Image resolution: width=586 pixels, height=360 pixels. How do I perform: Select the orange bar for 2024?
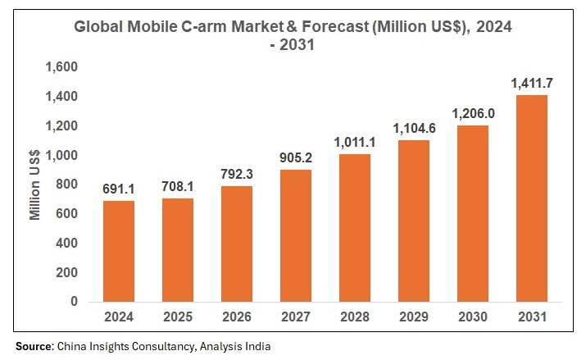point(119,251)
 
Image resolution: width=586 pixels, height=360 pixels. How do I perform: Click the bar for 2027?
point(295,235)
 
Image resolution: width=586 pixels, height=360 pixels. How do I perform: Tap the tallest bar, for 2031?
point(530,198)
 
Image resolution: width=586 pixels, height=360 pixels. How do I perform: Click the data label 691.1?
point(119,189)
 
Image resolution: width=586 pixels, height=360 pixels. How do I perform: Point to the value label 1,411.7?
point(530,83)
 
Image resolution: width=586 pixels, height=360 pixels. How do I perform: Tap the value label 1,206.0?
point(471,113)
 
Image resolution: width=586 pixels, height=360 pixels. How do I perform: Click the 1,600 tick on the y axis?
point(61,67)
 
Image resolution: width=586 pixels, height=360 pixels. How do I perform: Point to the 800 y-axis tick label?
point(67,185)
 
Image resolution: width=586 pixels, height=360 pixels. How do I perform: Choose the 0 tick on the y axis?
point(74,302)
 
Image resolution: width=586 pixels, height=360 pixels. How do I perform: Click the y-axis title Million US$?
point(35,184)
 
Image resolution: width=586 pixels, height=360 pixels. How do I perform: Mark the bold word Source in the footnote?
point(34,346)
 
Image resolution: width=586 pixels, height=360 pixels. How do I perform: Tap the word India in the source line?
point(256,346)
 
